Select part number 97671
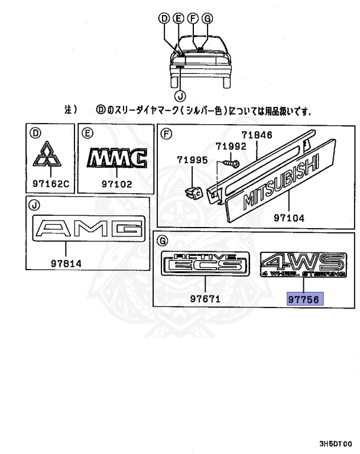(x=205, y=299)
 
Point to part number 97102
(x=116, y=183)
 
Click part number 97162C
(x=50, y=183)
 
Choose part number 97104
(x=288, y=218)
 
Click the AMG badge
(x=89, y=229)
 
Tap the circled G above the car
(x=207, y=18)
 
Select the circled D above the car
(x=164, y=18)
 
